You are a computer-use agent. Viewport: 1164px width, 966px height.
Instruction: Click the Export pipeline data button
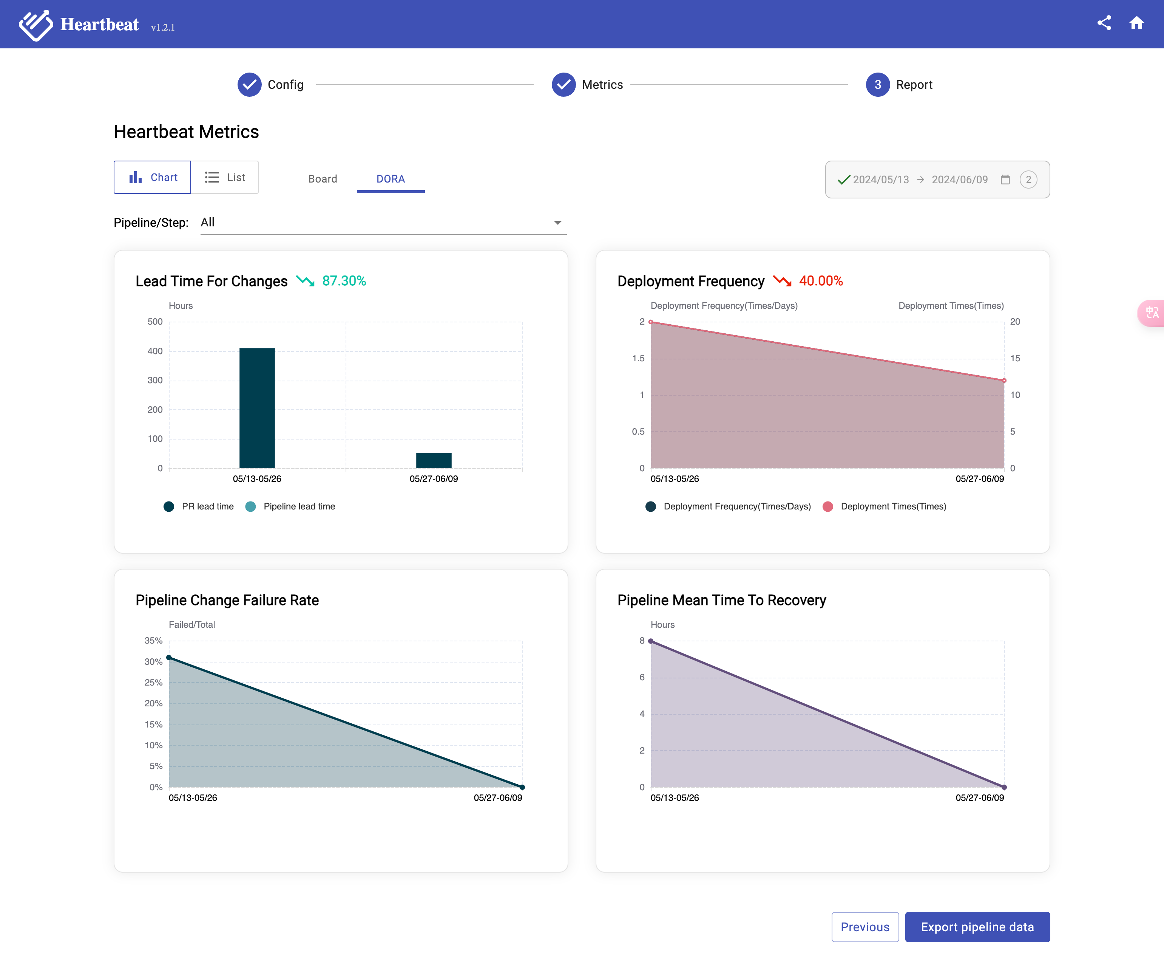(977, 927)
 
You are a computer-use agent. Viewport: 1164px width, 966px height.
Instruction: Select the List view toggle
(224, 178)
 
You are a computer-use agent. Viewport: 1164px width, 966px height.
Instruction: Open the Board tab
(323, 178)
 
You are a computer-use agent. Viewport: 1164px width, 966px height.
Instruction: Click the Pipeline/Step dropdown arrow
(557, 223)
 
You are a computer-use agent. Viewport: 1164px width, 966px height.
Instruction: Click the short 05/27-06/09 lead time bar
(434, 460)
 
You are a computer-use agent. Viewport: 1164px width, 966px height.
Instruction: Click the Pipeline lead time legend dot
(250, 506)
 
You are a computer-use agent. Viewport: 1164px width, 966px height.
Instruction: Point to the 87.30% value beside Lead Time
(344, 281)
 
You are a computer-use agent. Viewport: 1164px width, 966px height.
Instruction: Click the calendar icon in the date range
(1005, 180)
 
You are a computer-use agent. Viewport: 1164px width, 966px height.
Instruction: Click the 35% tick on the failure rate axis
(154, 641)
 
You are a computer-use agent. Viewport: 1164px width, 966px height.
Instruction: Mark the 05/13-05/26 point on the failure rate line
(169, 658)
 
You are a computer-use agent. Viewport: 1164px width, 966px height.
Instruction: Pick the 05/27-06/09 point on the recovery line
(1004, 787)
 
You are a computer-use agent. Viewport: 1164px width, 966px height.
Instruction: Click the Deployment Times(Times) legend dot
(827, 506)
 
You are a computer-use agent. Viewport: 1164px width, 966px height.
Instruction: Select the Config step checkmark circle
(249, 85)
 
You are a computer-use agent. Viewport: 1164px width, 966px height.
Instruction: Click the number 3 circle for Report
(877, 85)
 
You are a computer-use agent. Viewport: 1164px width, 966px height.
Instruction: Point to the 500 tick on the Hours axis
(155, 322)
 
